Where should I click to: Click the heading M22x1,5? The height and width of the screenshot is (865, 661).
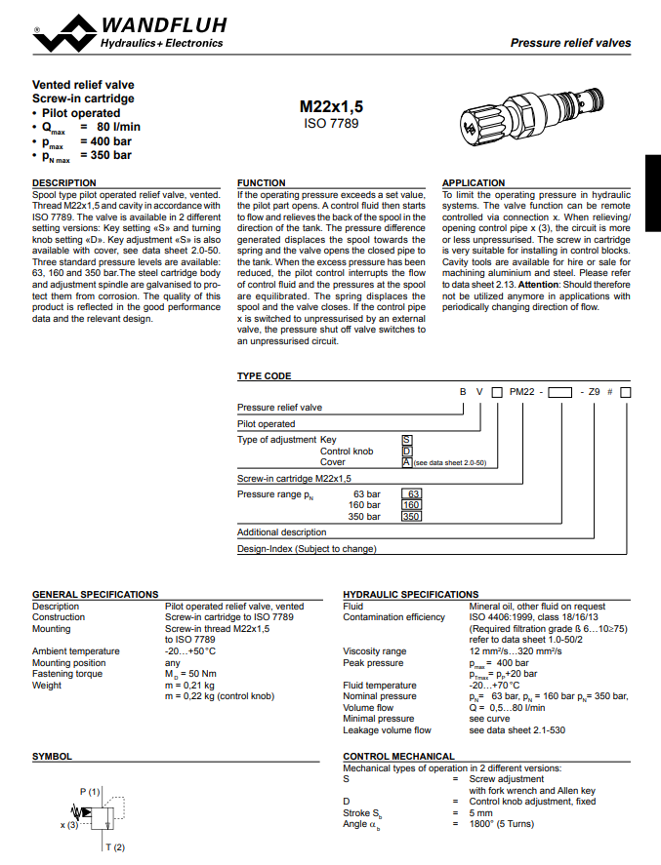pos(331,107)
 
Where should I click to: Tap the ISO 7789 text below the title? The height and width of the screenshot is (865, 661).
pos(331,124)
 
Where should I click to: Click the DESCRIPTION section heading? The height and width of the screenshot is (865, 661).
pos(64,183)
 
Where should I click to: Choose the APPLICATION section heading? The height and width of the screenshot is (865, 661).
pos(475,183)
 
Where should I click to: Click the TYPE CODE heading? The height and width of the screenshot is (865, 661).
pos(265,376)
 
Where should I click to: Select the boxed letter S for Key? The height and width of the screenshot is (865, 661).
pos(407,440)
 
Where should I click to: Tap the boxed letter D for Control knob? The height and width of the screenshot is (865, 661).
pos(407,452)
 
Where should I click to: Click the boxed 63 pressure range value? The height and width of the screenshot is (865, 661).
pos(412,494)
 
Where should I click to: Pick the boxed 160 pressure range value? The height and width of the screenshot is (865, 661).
pos(411,505)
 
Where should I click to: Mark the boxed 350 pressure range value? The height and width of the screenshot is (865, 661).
pos(411,517)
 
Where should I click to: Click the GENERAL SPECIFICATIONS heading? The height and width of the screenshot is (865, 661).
pos(96,594)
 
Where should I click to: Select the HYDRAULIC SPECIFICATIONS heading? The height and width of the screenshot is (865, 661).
pos(411,594)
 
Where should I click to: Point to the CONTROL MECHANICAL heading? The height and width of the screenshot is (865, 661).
pos(399,756)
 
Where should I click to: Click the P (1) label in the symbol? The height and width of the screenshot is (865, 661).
pos(90,790)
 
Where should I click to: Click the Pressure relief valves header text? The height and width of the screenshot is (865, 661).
pos(571,43)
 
